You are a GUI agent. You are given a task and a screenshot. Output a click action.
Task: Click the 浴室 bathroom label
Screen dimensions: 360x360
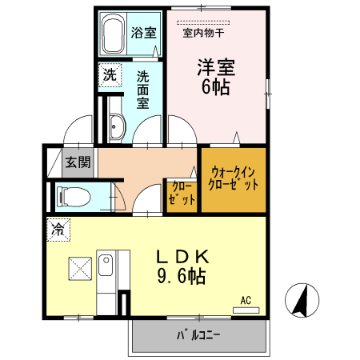[144, 33]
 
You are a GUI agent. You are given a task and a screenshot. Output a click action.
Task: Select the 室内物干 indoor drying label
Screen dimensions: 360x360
[203, 34]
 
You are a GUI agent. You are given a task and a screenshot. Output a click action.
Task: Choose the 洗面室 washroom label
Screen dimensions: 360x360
[143, 91]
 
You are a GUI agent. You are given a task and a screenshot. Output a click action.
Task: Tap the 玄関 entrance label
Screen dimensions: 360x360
[78, 162]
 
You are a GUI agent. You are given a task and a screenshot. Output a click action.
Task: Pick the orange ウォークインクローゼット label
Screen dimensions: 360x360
[234, 178]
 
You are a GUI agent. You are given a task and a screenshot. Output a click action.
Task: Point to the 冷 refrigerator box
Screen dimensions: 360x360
[58, 229]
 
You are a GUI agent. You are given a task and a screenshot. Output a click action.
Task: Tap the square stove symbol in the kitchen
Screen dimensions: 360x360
[79, 267]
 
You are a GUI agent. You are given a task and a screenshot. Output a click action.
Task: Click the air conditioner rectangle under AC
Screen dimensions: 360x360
[246, 308]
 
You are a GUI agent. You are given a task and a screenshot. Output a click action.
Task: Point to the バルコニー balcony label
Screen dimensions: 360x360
[198, 337]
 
